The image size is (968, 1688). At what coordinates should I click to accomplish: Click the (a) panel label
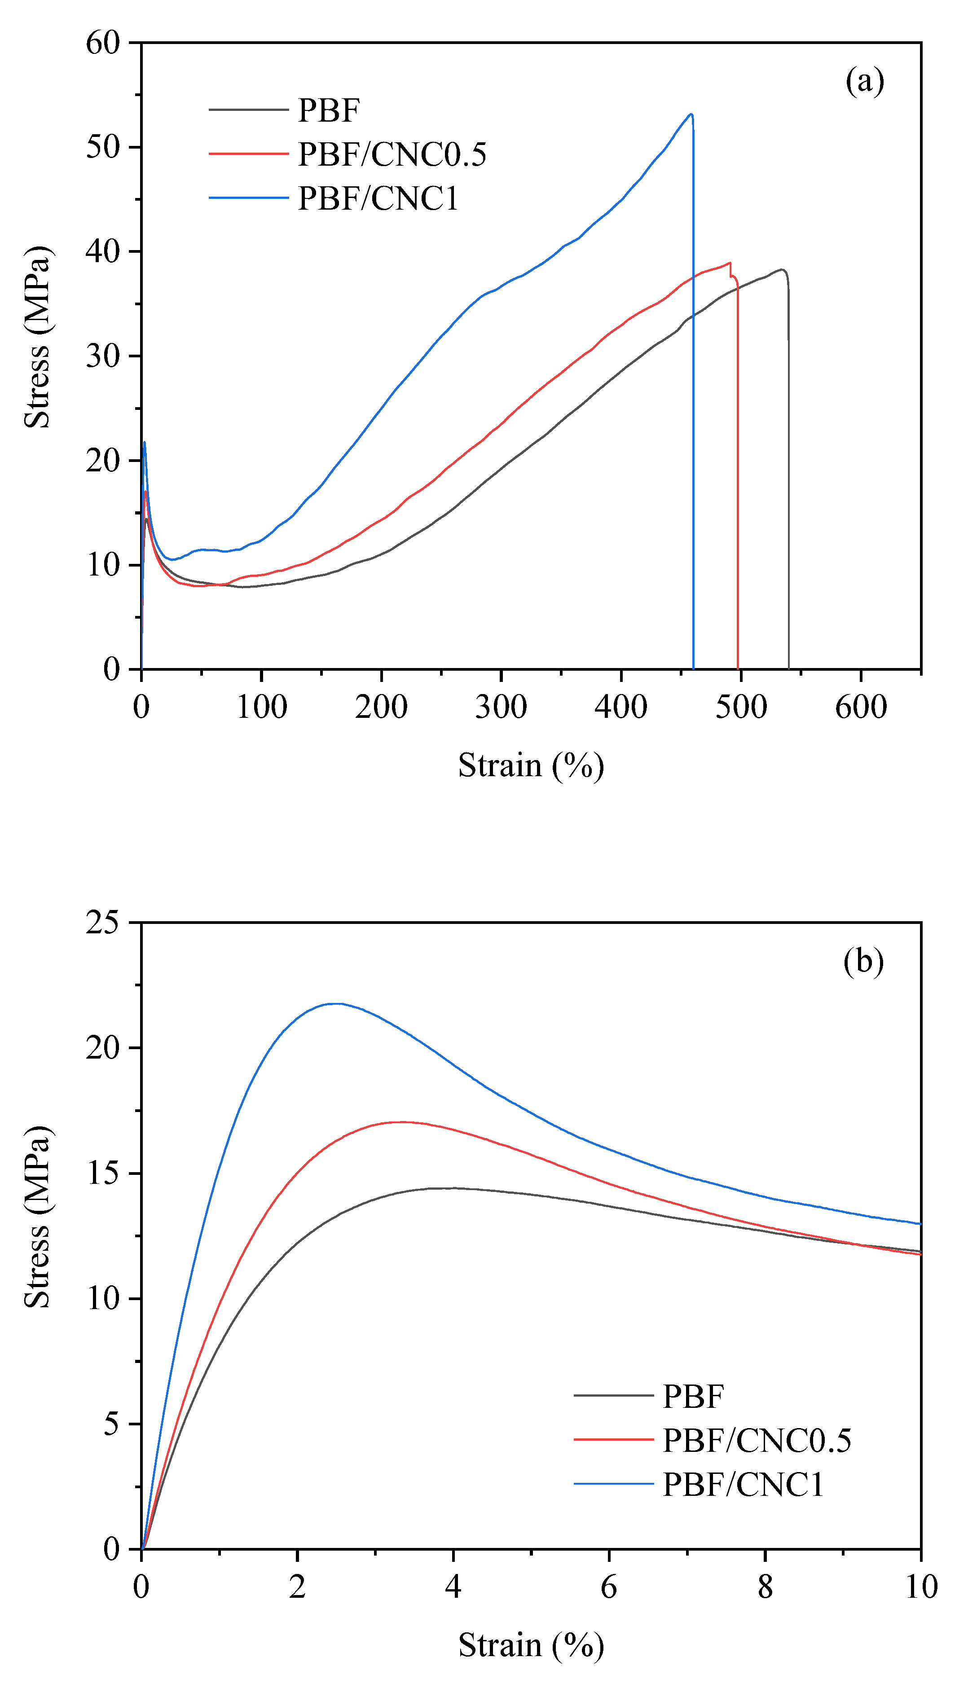(864, 81)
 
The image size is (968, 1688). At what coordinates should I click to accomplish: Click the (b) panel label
(863, 961)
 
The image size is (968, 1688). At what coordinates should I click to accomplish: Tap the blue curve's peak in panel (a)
(691, 114)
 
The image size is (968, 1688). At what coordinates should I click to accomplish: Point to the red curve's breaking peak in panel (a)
(729, 263)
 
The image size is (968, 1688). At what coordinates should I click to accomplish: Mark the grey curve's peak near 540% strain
(783, 270)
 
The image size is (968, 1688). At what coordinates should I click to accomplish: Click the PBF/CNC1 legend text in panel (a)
(378, 198)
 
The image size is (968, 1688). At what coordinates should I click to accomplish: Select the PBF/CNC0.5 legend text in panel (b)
(757, 1440)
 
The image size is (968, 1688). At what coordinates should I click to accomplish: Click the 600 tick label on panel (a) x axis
(861, 707)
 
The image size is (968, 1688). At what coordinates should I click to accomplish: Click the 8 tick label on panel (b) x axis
(765, 1587)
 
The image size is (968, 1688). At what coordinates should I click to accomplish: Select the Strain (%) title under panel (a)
(531, 765)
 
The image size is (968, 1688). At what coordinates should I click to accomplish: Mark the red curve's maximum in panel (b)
(401, 1122)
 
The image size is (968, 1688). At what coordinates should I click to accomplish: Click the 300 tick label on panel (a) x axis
(501, 707)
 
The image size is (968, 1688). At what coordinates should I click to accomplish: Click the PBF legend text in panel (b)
(693, 1396)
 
